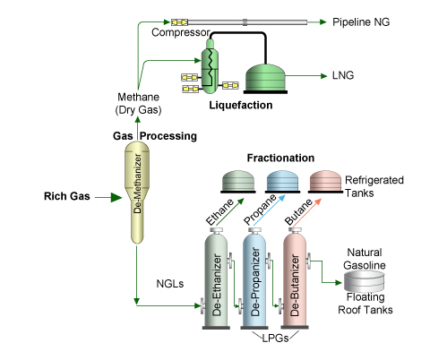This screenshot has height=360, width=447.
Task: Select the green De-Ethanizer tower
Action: click(216, 279)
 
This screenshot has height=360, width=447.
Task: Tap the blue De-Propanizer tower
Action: click(254, 279)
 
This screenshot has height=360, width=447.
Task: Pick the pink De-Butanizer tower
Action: click(295, 279)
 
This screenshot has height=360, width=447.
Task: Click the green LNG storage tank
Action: click(265, 79)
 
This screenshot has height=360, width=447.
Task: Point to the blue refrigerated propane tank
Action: click(282, 182)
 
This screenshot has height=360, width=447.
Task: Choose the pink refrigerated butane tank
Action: click(325, 182)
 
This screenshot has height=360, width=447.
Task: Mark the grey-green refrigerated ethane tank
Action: click(238, 182)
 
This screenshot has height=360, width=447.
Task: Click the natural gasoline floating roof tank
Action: click(364, 281)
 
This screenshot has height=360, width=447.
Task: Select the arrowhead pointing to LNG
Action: click(323, 76)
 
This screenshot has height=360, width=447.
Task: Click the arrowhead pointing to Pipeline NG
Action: click(322, 21)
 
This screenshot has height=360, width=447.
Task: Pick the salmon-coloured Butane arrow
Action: click(307, 212)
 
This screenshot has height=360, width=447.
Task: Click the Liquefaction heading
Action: click(241, 105)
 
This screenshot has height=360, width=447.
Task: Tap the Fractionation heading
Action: click(280, 158)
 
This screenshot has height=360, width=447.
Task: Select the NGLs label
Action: click(170, 284)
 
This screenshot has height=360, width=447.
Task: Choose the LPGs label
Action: click(275, 339)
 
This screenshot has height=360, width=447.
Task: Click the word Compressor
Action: click(181, 32)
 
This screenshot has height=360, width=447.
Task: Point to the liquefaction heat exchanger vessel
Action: click(210, 66)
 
